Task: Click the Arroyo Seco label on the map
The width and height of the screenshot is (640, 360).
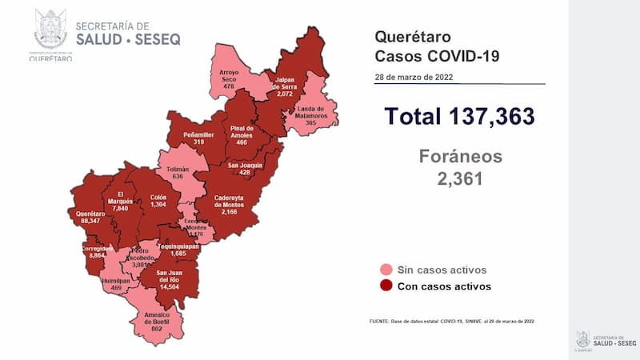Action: pos(230,78)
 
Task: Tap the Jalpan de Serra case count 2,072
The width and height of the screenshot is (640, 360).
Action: pos(286,94)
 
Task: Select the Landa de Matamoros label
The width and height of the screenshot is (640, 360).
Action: pos(310,114)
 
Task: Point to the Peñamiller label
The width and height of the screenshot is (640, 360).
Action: pos(197,138)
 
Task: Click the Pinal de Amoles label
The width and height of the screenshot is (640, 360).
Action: pos(241,133)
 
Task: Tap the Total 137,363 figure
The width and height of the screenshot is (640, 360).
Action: pos(458,116)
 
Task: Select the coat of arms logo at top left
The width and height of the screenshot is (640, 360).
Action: pos(50,30)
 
